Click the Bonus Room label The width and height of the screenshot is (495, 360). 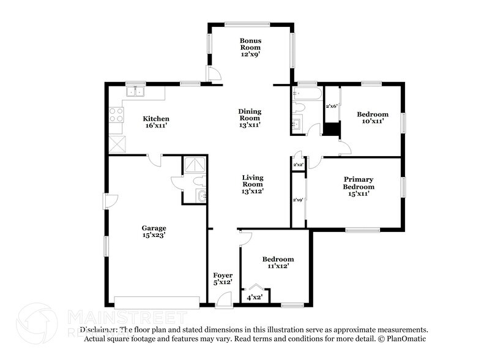tap(250, 43)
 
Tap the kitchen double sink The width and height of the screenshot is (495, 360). tap(135, 92)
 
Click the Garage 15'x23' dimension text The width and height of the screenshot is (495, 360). tap(154, 234)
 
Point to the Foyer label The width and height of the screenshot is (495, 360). tap(222, 276)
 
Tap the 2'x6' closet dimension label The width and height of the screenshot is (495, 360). tap(332, 107)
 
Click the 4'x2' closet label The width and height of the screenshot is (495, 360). tap(254, 298)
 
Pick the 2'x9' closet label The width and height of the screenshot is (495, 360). tap(298, 200)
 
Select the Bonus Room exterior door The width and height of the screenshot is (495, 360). tap(214, 74)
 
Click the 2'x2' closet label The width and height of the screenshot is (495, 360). tap(298, 165)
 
